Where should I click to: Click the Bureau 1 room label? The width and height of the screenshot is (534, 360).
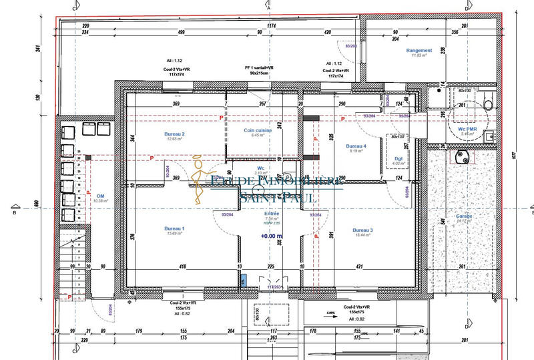pyautogui.click(x=174, y=228)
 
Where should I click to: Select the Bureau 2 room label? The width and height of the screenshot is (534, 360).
pyautogui.click(x=174, y=134)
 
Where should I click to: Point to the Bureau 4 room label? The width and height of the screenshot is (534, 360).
pyautogui.click(x=356, y=146)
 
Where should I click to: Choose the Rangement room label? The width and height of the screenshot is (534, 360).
pyautogui.click(x=419, y=50)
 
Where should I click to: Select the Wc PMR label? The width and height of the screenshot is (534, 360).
pyautogui.click(x=467, y=129)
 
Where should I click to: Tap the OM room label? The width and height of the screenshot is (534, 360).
pyautogui.click(x=101, y=196)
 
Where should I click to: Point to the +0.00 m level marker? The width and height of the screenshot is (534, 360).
pyautogui.click(x=272, y=236)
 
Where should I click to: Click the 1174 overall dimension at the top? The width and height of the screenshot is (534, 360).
pyautogui.click(x=271, y=25)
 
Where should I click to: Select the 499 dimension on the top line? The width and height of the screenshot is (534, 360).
pyautogui.click(x=181, y=32)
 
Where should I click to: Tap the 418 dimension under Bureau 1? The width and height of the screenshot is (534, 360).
pyautogui.click(x=182, y=266)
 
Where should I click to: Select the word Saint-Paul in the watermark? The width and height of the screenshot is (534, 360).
pyautogui.click(x=278, y=197)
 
